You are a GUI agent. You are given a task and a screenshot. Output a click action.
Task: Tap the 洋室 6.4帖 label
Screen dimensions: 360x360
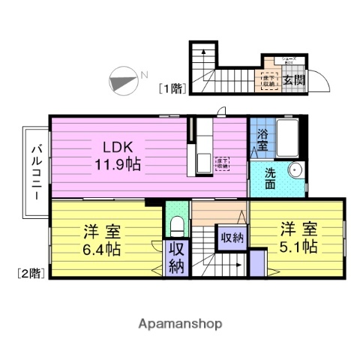102,239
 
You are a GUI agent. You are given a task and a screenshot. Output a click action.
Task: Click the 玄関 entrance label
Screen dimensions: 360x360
293,78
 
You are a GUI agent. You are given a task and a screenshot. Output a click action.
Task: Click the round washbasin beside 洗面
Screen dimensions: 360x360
295,170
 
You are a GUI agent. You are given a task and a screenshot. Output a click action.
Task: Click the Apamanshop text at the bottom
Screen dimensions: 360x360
180,323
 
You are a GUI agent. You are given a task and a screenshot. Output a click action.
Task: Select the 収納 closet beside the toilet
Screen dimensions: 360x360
176,257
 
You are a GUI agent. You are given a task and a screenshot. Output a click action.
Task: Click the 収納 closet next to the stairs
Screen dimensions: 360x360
231,238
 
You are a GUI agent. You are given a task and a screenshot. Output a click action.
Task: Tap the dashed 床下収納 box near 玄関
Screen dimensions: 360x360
268,79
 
